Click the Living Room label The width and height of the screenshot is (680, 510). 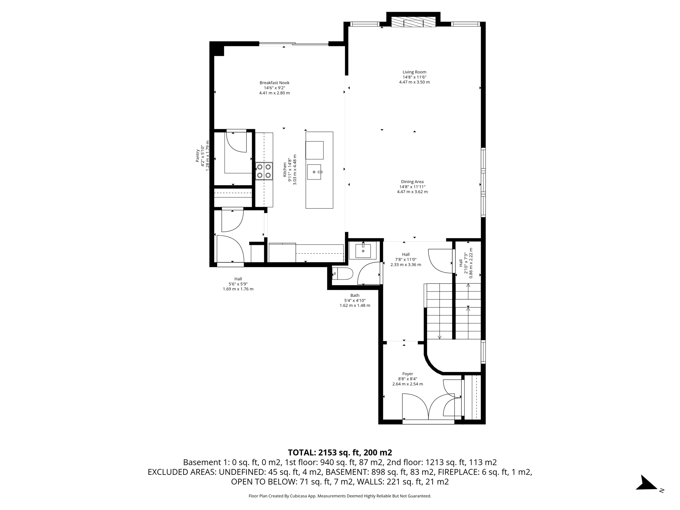click(414, 72)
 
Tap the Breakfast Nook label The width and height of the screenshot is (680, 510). click(274, 83)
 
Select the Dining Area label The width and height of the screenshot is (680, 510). click(412, 182)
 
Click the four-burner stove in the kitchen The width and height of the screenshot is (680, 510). click(264, 171)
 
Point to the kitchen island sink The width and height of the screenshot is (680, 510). click(314, 172)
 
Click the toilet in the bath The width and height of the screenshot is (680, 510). click(343, 274)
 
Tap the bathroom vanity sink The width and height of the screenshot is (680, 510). click(363, 250)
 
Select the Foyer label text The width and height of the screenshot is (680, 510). click(407, 374)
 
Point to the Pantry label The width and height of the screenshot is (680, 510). click(197, 155)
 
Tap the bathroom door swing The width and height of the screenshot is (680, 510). click(369, 274)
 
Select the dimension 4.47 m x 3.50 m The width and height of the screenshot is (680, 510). click(414, 82)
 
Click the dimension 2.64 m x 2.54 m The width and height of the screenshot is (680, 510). click(407, 384)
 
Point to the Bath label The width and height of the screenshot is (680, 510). click(355, 296)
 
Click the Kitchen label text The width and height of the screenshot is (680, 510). click(285, 169)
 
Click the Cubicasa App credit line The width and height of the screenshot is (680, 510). click(340, 496)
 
